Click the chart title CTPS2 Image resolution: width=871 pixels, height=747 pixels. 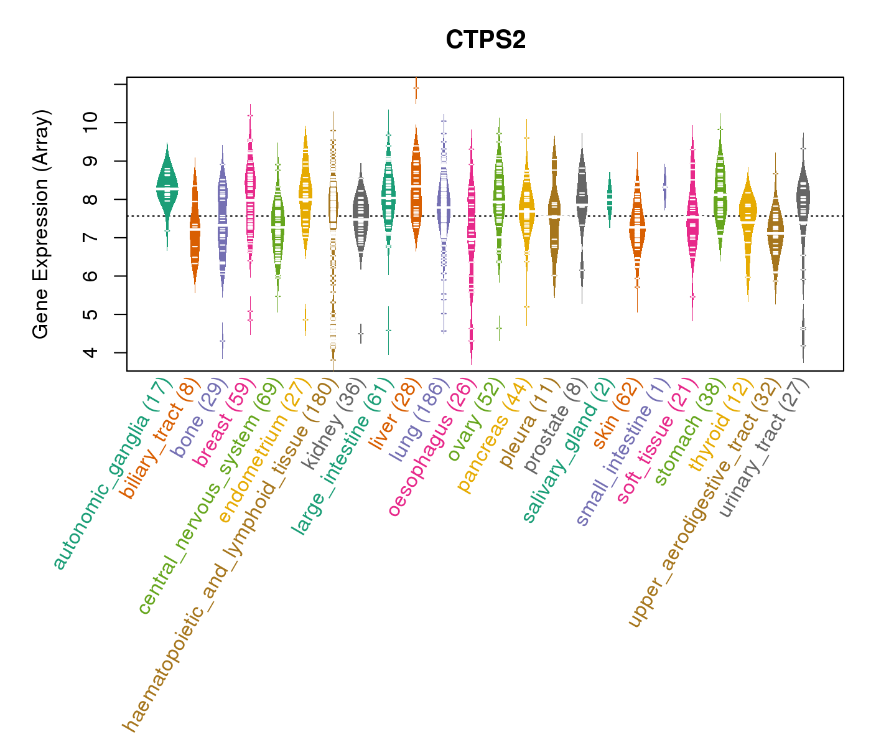coord(485,40)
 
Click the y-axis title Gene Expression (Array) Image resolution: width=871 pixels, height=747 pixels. coord(41,224)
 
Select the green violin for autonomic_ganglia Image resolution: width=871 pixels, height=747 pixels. coord(167,187)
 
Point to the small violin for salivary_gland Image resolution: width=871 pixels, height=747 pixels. coord(610,198)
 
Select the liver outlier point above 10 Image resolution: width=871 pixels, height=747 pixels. coord(416,88)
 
